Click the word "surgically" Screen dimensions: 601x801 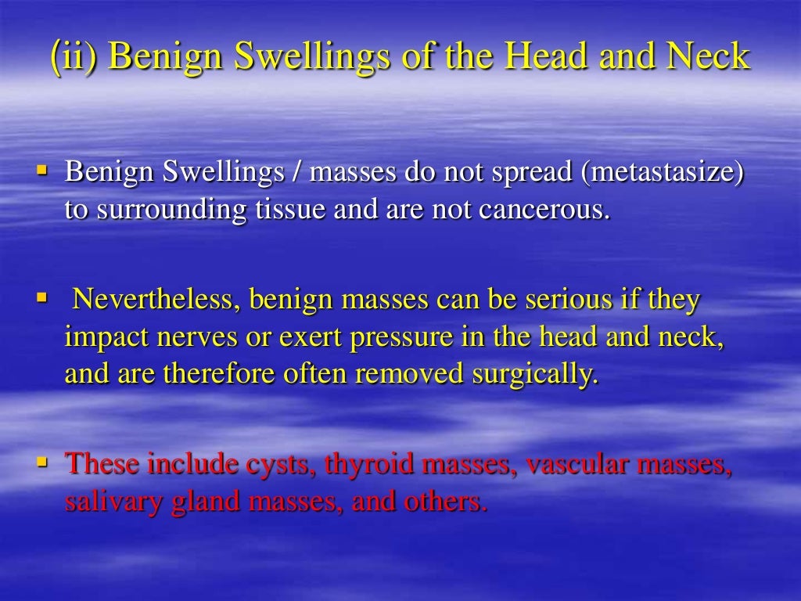point(535,375)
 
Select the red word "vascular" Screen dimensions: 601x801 point(577,464)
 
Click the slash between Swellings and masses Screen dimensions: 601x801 point(299,173)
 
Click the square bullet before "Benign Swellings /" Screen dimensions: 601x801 point(44,170)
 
